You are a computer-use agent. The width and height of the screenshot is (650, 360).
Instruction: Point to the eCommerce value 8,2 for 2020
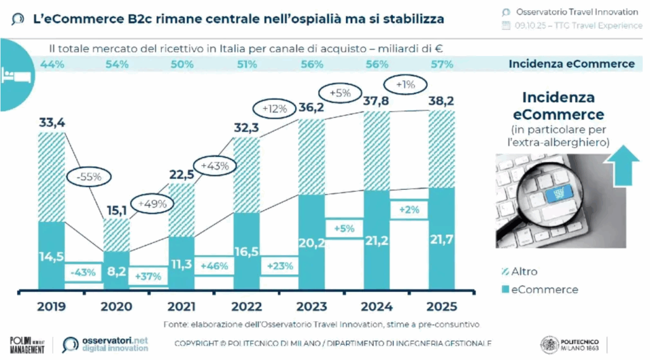point(116,270)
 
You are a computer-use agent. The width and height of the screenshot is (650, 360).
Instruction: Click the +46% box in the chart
point(214,266)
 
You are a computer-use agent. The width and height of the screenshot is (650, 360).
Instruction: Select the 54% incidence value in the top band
point(117,63)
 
